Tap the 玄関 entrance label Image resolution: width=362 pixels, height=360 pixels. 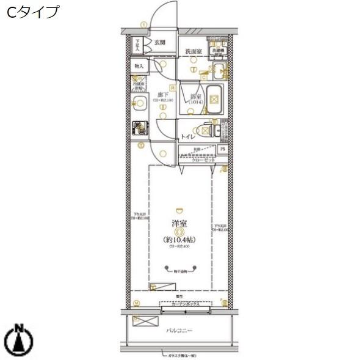[160, 42]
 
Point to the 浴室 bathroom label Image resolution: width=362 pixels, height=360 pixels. [195, 97]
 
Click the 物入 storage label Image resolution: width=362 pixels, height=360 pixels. [139, 65]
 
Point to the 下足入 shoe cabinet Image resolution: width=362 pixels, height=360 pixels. [138, 43]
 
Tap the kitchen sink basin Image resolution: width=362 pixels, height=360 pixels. [139, 103]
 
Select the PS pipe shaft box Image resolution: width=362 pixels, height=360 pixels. [223, 149]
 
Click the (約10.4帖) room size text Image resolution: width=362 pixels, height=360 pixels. [179, 240]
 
